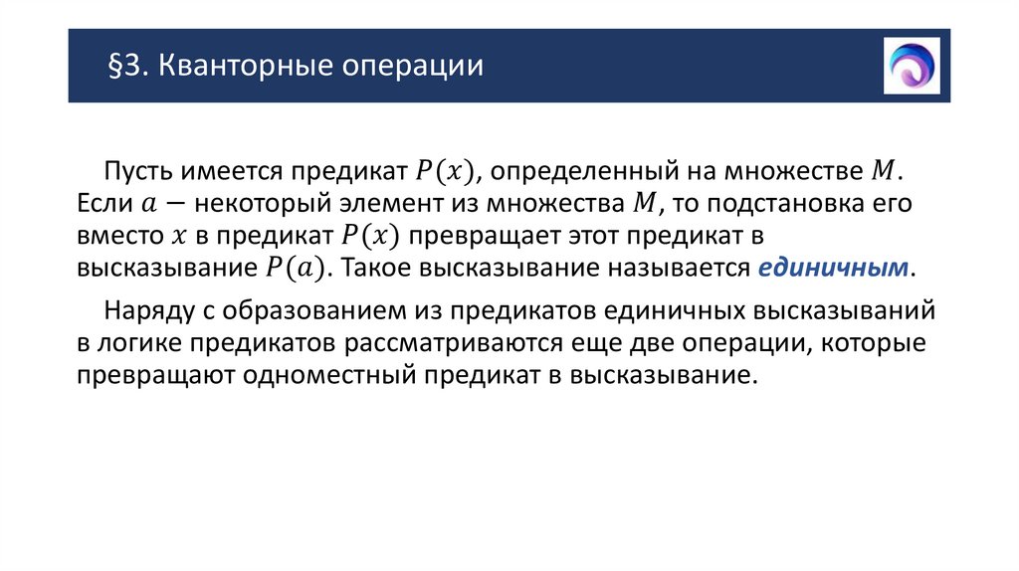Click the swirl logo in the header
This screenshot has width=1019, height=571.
point(912,65)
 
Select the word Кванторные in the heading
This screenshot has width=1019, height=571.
point(229,68)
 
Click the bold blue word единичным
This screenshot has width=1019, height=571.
point(834,269)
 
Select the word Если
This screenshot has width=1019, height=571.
point(102,204)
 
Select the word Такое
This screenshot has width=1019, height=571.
point(381,269)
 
